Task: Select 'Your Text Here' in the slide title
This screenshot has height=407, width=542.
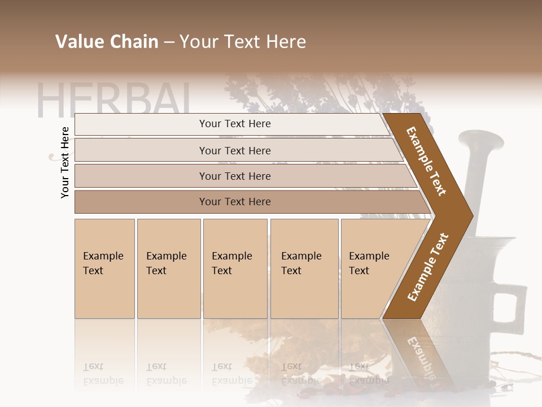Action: click(243, 42)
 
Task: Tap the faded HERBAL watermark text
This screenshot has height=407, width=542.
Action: click(113, 101)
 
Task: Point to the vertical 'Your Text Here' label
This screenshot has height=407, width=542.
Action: click(65, 162)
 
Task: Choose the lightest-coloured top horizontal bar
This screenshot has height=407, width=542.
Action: click(231, 124)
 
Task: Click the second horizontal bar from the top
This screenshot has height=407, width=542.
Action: click(235, 150)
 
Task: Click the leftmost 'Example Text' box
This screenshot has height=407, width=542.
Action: click(104, 268)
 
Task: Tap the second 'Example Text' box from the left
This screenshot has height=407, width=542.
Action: click(169, 268)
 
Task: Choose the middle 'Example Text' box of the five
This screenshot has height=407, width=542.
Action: click(235, 268)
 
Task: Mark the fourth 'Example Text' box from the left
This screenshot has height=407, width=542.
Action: click(304, 268)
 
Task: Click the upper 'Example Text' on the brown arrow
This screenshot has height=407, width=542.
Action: click(426, 161)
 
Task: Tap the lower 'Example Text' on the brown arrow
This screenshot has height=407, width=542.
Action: click(427, 267)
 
